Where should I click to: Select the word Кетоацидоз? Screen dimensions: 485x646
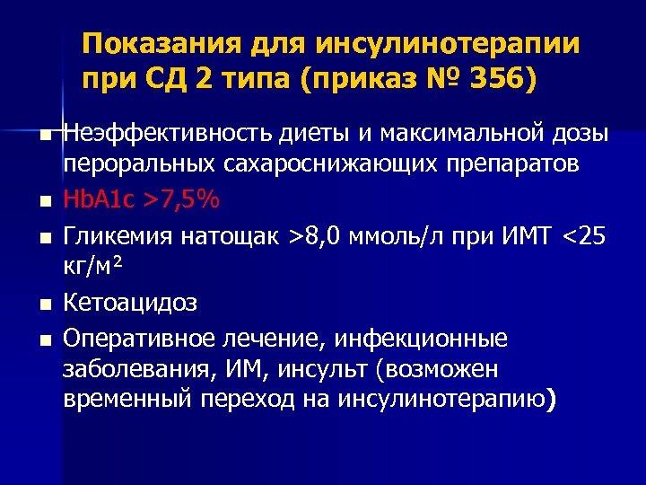pyautogui.click(x=130, y=303)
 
